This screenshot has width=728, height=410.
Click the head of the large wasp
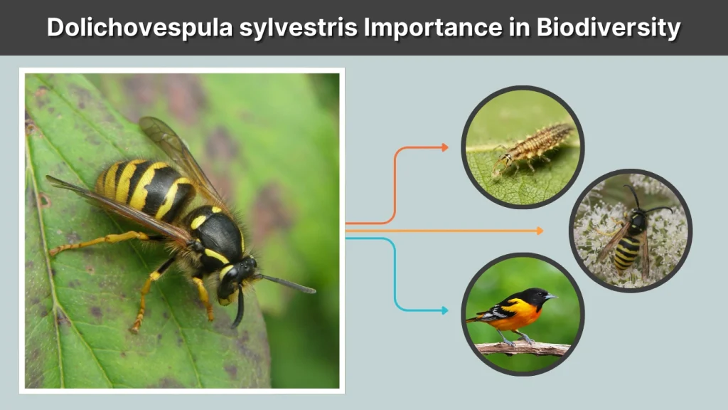[x=238, y=277]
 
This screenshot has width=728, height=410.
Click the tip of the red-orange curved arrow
[x=446, y=147]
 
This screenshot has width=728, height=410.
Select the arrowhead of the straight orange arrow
[x=540, y=231]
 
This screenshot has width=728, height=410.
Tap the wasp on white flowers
[x=629, y=235]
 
